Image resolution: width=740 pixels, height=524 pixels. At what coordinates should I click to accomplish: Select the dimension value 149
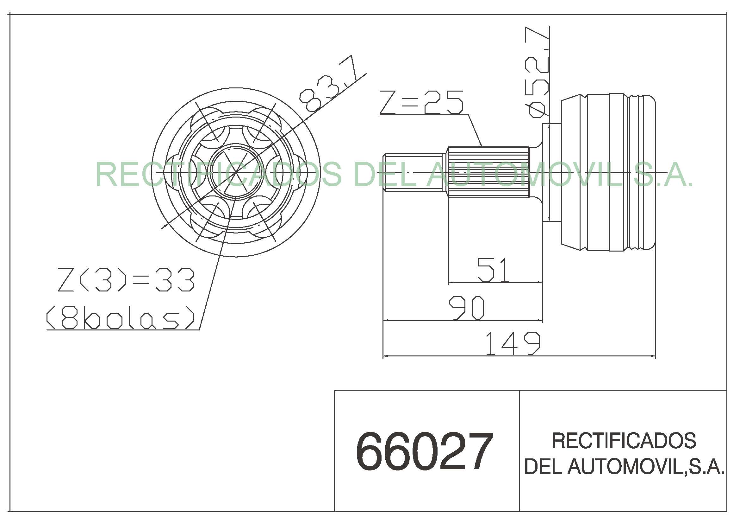coord(513,343)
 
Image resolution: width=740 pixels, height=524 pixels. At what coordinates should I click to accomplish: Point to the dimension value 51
coord(494,269)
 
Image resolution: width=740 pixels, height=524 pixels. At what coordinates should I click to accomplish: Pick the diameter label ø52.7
coord(537,72)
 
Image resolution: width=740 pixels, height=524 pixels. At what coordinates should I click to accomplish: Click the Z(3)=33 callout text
coord(126,280)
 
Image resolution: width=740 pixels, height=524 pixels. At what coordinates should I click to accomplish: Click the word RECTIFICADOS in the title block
coord(624,440)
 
